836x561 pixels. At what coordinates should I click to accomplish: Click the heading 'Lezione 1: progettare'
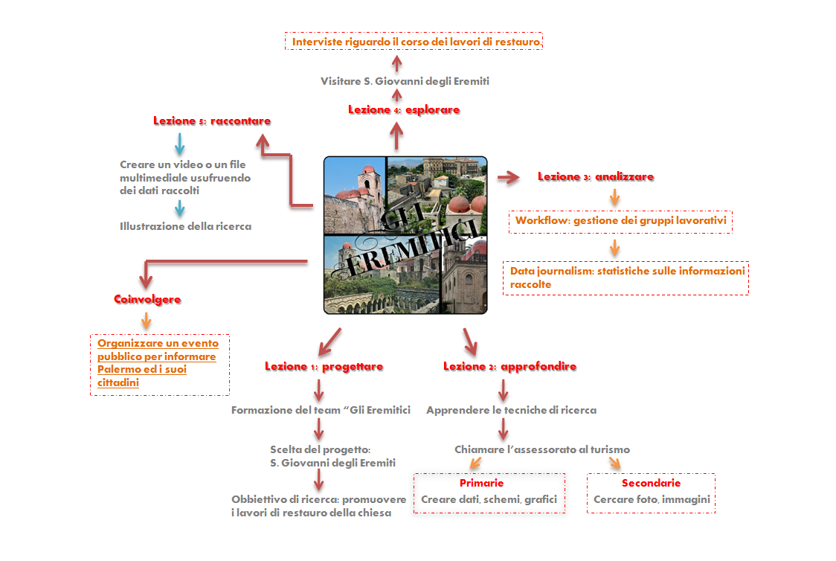[x=324, y=366]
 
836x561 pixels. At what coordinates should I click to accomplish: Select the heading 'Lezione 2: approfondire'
[x=509, y=366]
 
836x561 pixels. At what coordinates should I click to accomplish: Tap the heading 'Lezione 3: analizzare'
[x=596, y=177]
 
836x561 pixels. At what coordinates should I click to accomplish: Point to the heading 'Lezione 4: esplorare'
[x=404, y=110]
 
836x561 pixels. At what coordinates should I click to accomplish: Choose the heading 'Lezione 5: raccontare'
[x=212, y=121]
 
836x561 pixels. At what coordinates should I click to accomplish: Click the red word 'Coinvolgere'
[x=147, y=299]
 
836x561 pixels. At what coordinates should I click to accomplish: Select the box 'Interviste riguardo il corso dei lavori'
[x=414, y=42]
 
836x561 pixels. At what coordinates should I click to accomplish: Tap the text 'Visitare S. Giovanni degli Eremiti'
[x=405, y=81]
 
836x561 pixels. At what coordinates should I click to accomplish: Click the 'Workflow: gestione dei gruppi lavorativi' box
[x=620, y=221]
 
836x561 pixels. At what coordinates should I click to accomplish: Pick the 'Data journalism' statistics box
[x=626, y=278]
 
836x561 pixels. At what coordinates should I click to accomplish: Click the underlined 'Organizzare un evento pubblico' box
[x=159, y=363]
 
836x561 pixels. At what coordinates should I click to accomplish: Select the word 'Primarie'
[x=481, y=484]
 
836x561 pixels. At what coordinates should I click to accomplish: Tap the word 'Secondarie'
[x=651, y=484]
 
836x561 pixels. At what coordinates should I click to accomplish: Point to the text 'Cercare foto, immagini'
[x=652, y=499]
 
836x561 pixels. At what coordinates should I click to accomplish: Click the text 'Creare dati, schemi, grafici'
[x=489, y=499]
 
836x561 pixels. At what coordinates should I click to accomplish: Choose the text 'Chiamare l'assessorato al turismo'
[x=542, y=449]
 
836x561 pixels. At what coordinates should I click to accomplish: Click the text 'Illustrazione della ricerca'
[x=185, y=226]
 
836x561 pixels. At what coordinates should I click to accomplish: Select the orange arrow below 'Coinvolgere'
[x=147, y=320]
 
